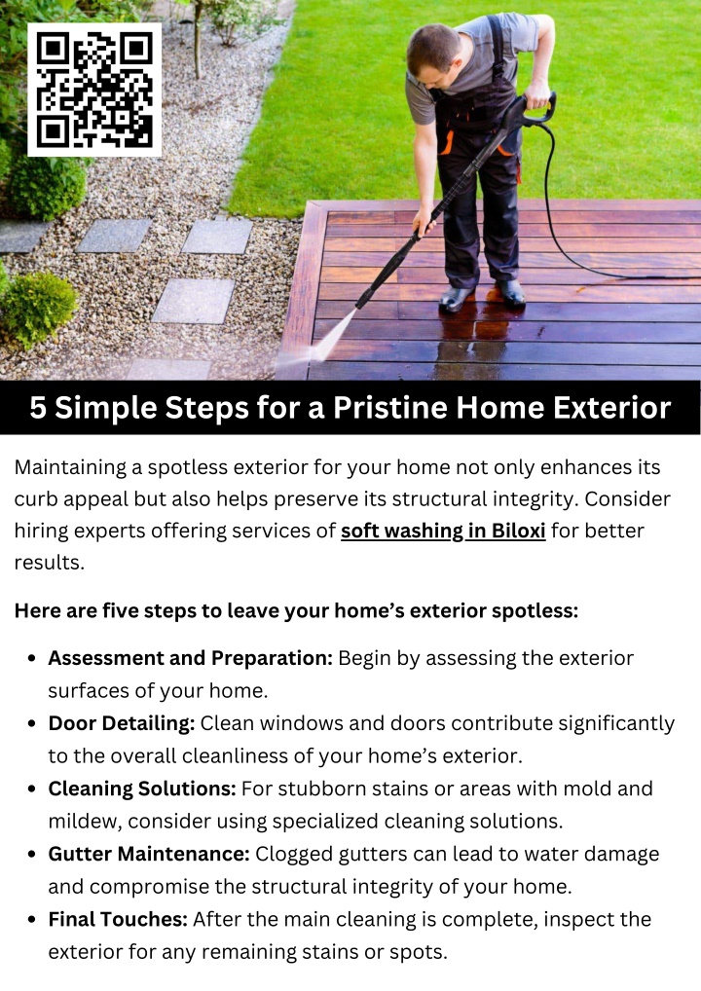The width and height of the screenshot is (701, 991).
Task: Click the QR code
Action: coord(94,90)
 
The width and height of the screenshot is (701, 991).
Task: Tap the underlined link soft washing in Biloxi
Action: coord(443,531)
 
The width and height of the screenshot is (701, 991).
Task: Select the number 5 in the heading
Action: coord(38,408)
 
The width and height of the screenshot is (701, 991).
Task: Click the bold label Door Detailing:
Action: coord(122,723)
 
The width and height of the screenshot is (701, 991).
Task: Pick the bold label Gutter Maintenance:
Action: coord(149,854)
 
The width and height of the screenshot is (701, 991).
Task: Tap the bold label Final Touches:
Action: coord(118,919)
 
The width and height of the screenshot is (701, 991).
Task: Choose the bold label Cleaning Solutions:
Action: coord(142,789)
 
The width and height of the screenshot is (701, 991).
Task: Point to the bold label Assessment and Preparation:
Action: coord(190,659)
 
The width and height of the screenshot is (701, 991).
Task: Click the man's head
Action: coord(433,55)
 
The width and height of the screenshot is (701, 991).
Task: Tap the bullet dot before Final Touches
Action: coord(31,920)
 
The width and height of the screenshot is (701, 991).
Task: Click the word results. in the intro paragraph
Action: coord(50,563)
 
